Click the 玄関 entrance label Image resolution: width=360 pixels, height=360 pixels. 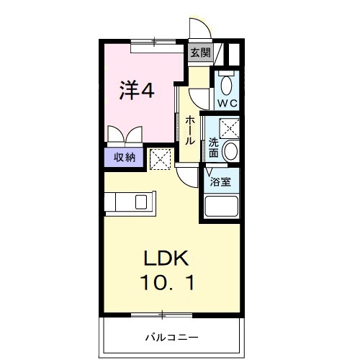[199, 52]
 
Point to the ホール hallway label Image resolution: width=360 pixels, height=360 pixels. [189, 130]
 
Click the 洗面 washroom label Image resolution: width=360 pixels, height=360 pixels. [214, 148]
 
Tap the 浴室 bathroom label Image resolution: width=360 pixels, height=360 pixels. [220, 182]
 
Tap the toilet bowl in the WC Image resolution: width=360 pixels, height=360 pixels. [228, 86]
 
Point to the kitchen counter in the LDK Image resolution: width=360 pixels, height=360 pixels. [128, 204]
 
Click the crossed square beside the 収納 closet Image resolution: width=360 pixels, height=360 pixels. [161, 157]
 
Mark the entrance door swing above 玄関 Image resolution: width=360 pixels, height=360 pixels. [201, 29]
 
